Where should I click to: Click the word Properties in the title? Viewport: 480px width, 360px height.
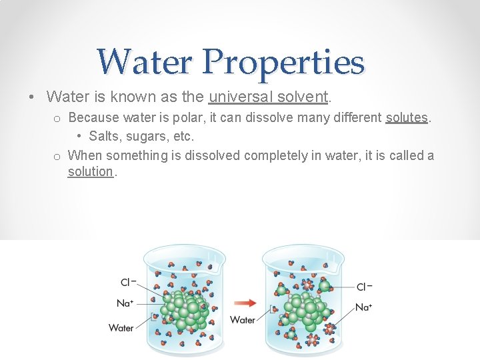285,63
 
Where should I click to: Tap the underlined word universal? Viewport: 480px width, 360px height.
239,97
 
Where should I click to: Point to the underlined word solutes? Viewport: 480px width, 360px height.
407,118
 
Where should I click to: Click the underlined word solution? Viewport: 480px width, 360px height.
91,171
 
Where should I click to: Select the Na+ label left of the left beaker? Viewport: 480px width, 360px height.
125,303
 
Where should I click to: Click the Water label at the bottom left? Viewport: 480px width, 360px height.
121,327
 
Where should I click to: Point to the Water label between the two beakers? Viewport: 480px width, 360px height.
243,320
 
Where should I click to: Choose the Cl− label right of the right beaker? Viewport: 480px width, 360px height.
364,287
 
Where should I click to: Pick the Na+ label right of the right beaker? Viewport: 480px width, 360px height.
363,307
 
